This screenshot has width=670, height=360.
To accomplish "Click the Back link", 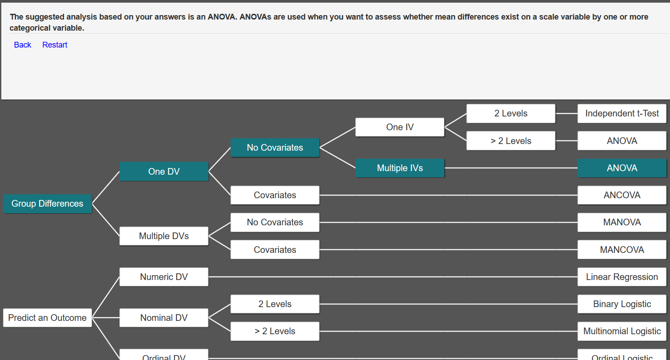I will pos(22,45).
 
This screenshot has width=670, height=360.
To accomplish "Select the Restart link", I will pos(55,45).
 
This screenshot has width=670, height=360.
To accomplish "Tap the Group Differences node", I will pos(48,204).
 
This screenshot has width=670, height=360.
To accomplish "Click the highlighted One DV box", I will pos(164,172).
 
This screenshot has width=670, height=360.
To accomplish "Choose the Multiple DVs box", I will pos(164,236).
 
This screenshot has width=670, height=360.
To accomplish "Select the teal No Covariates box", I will pos(275,148).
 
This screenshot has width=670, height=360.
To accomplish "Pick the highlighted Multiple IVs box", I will pos(400,168).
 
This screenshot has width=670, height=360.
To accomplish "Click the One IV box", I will pos(400,127).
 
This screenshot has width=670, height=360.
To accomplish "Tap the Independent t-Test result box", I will pos(622,113).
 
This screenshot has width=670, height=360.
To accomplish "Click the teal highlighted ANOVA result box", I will pos(622,168).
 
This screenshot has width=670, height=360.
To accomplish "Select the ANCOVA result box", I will pos(622,195).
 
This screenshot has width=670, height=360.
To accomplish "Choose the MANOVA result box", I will pos(622,222).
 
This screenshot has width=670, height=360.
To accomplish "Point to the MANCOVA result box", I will pos(622,250).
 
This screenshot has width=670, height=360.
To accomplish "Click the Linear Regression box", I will pos(622,277).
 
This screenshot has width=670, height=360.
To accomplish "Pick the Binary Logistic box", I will pos(622,304).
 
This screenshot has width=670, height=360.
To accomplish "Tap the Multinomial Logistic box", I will pos(622,331).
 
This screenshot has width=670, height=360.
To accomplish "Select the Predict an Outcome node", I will pos(48,318).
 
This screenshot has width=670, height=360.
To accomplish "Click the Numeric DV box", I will pos(164,277).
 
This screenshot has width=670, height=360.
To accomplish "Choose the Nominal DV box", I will pos(164,318).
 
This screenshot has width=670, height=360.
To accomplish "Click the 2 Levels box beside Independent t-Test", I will pos(511,113).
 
